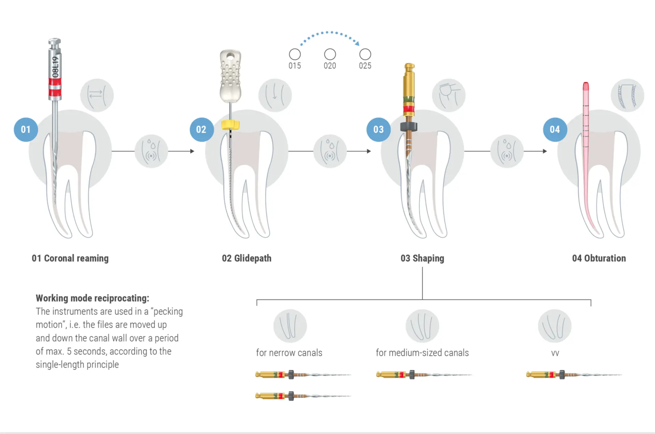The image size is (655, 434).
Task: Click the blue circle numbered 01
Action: click(26, 130)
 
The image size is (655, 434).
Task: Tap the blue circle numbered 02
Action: click(201, 130)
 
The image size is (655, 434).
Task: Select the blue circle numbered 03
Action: click(378, 130)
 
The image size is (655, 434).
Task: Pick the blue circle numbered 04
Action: click(555, 130)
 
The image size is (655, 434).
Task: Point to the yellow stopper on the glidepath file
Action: click(230, 125)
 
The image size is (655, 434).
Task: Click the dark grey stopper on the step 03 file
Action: click(409, 127)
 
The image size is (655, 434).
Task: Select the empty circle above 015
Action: click(295, 54)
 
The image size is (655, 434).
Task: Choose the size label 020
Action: click(330, 66)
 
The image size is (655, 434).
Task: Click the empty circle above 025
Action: click(365, 54)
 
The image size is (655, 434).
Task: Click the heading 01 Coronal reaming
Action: click(70, 258)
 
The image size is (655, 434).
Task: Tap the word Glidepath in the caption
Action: click(253, 258)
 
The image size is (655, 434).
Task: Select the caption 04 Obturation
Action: click(599, 258)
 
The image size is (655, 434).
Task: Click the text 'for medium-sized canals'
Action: click(422, 353)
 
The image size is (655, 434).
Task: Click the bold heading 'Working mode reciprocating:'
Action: click(92, 298)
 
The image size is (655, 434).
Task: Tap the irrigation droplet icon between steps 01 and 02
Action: click(151, 151)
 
